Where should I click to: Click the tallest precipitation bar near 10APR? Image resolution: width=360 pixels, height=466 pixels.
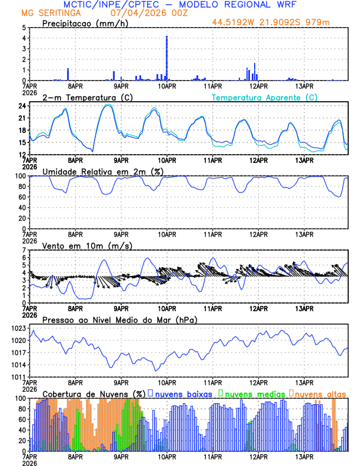click(167, 58)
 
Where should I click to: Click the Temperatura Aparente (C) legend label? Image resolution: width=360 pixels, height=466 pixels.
click(264, 97)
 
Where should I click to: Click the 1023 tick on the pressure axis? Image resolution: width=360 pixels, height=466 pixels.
click(20, 328)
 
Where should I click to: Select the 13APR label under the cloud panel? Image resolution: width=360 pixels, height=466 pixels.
click(304, 456)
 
